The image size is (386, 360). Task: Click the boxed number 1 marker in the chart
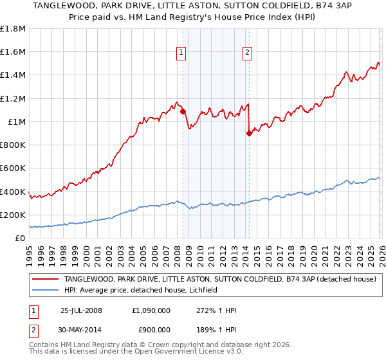pos(181,53)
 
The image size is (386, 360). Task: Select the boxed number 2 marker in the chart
pos(247,53)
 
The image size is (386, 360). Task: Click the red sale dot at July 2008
pos(183,111)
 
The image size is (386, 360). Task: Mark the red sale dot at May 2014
pos(249,134)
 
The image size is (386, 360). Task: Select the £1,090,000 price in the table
pos(151,310)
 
